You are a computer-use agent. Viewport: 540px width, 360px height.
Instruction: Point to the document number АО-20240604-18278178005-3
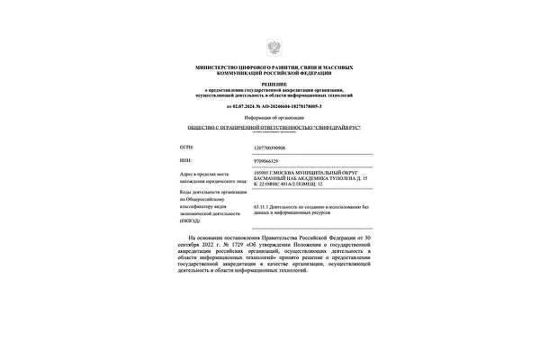[x=293, y=106]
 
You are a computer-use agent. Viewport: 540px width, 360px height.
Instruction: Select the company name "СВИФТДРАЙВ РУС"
[x=325, y=130]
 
